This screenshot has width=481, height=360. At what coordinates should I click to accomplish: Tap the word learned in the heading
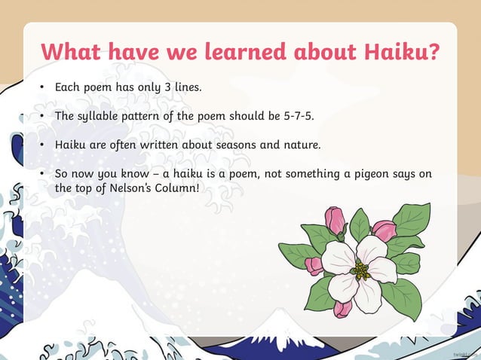231,53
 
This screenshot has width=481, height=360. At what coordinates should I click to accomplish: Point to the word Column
179,188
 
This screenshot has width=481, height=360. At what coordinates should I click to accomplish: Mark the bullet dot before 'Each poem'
44,88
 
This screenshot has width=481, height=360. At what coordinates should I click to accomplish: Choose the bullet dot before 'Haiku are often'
44,145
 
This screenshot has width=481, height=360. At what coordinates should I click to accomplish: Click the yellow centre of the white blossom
360,268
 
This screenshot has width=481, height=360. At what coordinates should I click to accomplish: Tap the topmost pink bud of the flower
335,220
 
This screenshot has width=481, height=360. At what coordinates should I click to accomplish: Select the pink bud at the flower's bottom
343,307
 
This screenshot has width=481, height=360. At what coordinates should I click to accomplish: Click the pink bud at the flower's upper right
384,230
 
